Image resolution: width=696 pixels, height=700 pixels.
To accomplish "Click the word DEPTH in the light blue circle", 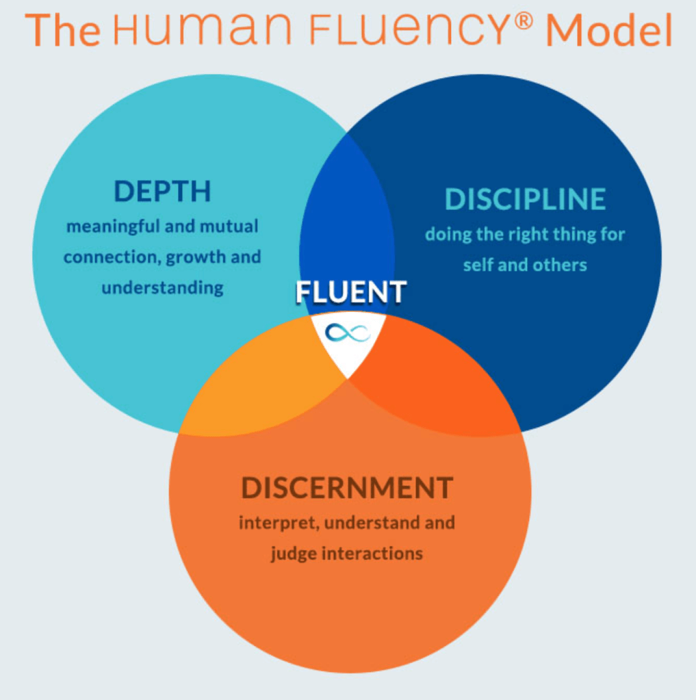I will [162, 192].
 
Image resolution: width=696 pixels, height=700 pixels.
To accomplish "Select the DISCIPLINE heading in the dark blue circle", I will [525, 199].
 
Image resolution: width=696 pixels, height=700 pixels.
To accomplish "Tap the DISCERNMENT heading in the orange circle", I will [347, 489].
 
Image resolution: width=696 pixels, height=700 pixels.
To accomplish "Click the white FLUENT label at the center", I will [351, 292].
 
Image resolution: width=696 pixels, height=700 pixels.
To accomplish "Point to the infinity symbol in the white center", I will [348, 333].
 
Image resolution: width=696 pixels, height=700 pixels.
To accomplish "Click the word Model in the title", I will [609, 31].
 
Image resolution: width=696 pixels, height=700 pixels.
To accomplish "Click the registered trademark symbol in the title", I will [524, 21].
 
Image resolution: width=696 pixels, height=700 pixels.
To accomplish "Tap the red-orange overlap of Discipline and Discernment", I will [431, 390].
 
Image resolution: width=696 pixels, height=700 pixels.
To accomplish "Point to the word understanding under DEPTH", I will [162, 287].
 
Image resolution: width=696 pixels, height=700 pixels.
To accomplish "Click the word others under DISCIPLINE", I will [561, 265].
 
